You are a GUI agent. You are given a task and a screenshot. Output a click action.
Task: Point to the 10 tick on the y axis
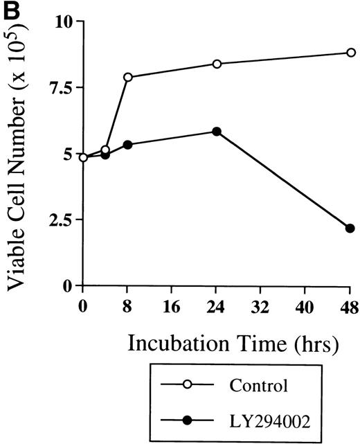(x=64, y=22)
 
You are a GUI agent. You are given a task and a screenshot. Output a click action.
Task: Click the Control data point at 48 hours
(x=350, y=53)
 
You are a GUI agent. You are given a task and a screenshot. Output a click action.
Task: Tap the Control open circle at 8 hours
(x=128, y=77)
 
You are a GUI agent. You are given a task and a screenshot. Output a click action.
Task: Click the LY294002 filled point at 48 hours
(x=350, y=228)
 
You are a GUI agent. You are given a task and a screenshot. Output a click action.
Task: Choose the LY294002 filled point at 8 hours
(x=128, y=145)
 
